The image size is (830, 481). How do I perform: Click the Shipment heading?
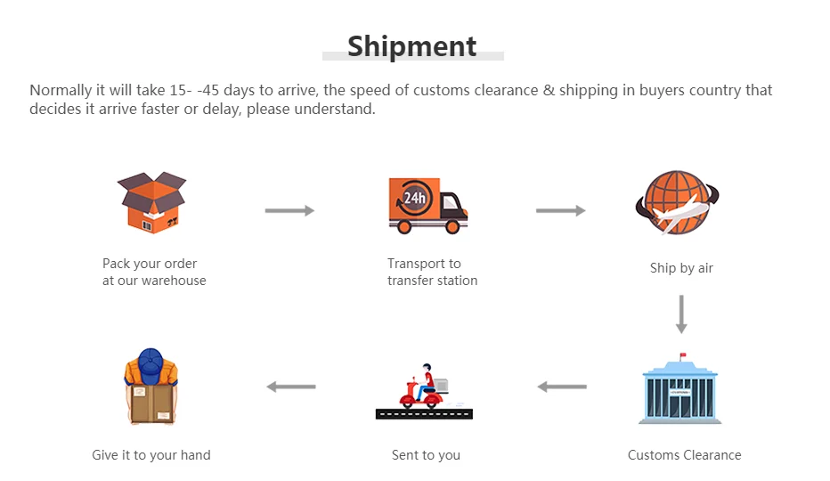pos(412,45)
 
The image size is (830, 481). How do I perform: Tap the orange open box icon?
pos(152,202)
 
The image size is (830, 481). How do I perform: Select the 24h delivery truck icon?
pos(427,205)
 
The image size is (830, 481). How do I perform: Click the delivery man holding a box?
pos(151,387)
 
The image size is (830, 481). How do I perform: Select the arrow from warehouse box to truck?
pos(289,210)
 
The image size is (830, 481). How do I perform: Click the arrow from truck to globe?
pos(560,210)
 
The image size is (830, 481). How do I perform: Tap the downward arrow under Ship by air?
pos(681,314)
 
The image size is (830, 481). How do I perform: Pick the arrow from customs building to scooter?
pos(562,387)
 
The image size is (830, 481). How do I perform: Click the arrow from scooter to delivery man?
pos(291,387)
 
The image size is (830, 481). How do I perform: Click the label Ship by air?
pos(681,268)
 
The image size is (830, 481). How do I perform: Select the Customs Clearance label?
pos(684,455)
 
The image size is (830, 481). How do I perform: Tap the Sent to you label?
pos(426,455)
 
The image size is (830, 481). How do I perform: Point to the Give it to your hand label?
pos(151,455)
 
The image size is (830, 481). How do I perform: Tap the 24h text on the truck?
pos(414,198)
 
